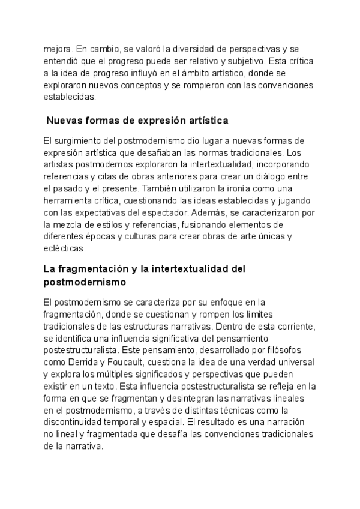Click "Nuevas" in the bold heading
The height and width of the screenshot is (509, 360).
tap(65, 120)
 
